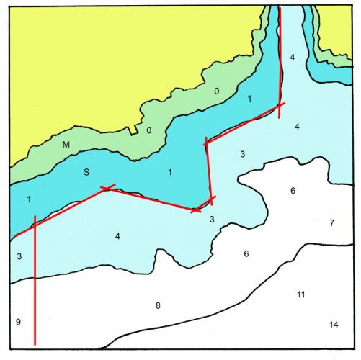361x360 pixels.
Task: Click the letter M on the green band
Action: pyautogui.click(x=66, y=145)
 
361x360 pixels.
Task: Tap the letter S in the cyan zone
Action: pyautogui.click(x=86, y=172)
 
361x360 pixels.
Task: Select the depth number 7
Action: pyautogui.click(x=331, y=223)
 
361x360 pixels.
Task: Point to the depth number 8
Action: pyautogui.click(x=158, y=306)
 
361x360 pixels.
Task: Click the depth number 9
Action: pyautogui.click(x=18, y=321)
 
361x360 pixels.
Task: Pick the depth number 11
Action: pyautogui.click(x=301, y=295)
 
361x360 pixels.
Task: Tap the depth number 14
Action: pyautogui.click(x=333, y=325)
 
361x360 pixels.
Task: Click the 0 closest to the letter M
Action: pyautogui.click(x=149, y=130)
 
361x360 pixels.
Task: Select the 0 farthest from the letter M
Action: pyautogui.click(x=216, y=91)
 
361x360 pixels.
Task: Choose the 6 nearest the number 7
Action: pyautogui.click(x=293, y=191)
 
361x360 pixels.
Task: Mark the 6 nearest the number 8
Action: pyautogui.click(x=246, y=253)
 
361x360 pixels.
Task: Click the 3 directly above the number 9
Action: pyautogui.click(x=19, y=256)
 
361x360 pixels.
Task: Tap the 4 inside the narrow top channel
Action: pyautogui.click(x=292, y=57)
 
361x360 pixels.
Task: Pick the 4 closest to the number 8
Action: pyautogui.click(x=117, y=236)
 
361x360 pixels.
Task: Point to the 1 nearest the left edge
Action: pyautogui.click(x=28, y=199)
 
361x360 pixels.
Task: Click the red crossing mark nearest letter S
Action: pyautogui.click(x=107, y=189)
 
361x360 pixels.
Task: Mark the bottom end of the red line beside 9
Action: pyautogui.click(x=35, y=343)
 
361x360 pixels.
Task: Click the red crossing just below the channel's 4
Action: pyautogui.click(x=280, y=108)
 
